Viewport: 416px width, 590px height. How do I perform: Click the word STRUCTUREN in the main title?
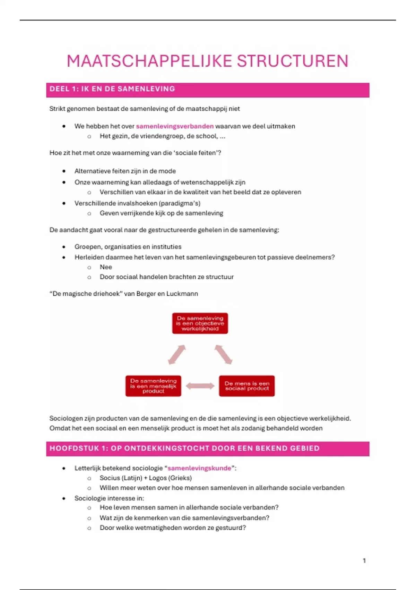click(293, 61)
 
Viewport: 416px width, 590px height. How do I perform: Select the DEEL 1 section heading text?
click(112, 89)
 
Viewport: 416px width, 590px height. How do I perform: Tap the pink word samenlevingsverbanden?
click(175, 126)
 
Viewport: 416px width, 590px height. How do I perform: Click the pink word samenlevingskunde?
click(199, 468)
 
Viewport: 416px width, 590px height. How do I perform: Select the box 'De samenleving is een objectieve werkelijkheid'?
click(200, 323)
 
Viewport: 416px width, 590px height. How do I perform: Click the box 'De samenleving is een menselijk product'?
click(153, 386)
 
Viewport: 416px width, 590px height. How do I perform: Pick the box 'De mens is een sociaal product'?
click(247, 386)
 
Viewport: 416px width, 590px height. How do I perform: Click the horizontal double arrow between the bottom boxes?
click(200, 386)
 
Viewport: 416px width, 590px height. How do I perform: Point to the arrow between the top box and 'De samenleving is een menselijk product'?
click(177, 355)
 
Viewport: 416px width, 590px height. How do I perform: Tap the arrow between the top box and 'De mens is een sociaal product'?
click(223, 355)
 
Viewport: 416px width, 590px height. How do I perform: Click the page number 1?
click(364, 560)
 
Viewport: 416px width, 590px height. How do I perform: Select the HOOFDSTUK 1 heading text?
click(184, 448)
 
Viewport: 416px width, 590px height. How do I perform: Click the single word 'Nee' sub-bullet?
click(106, 267)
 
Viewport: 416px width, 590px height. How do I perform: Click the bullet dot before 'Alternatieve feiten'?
click(64, 171)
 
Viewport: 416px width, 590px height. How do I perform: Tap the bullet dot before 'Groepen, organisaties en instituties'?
click(64, 247)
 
